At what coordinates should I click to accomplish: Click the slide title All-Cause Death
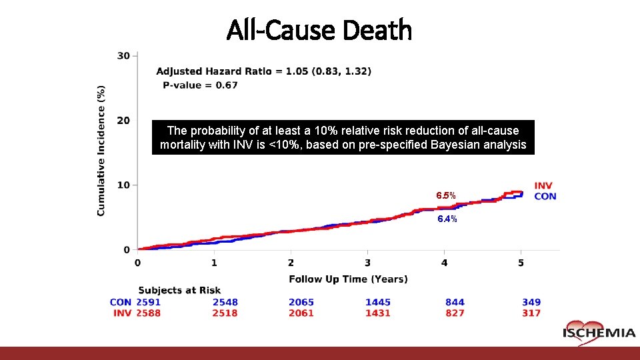(x=319, y=30)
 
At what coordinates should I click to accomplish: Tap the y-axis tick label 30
(x=123, y=55)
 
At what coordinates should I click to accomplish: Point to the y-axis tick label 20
(x=123, y=120)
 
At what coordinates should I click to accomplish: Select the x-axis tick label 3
(x=368, y=263)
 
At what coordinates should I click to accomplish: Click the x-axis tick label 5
(x=521, y=263)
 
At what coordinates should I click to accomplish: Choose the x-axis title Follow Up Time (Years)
(x=348, y=279)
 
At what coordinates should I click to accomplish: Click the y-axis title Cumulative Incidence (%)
(x=101, y=150)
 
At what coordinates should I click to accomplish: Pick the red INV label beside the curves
(x=543, y=185)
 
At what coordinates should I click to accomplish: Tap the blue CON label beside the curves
(x=545, y=196)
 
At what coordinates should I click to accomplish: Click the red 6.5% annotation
(x=446, y=196)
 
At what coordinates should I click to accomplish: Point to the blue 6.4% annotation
(x=447, y=219)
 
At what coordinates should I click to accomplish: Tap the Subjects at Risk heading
(x=179, y=290)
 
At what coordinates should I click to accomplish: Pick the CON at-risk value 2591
(x=148, y=302)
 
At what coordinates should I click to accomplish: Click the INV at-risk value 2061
(x=301, y=313)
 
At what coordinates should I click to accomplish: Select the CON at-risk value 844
(x=455, y=302)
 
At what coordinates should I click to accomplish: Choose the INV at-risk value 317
(x=531, y=313)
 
